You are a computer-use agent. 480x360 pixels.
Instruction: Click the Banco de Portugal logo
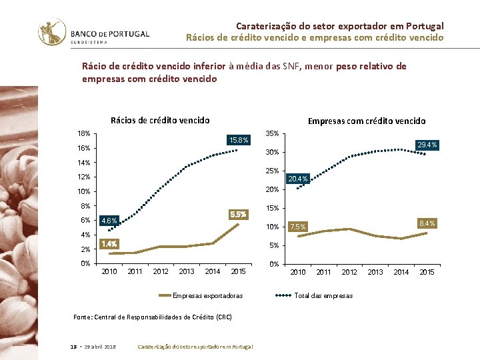(x=93, y=33)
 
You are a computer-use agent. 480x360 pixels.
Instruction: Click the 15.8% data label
(x=238, y=140)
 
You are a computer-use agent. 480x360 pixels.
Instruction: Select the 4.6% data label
(x=109, y=221)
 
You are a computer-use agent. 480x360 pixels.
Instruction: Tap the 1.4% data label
(x=109, y=244)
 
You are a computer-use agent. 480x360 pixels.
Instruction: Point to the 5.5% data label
(x=238, y=215)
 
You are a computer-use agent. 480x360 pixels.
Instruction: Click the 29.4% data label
(x=426, y=145)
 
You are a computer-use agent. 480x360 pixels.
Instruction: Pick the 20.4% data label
(x=297, y=179)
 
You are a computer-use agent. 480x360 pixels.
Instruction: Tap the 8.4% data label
(x=426, y=223)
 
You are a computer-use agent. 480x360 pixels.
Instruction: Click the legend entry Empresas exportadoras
(x=207, y=295)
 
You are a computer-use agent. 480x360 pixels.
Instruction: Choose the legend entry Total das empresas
(x=323, y=295)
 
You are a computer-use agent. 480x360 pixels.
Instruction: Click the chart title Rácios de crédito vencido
(x=160, y=121)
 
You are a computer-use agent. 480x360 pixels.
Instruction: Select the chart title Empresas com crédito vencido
(x=366, y=121)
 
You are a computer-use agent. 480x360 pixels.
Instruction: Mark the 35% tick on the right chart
(x=273, y=134)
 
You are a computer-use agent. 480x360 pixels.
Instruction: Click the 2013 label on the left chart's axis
(x=187, y=271)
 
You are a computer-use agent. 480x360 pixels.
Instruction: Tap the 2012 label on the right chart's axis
(x=349, y=272)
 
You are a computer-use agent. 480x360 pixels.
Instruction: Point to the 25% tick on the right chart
(x=273, y=171)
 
